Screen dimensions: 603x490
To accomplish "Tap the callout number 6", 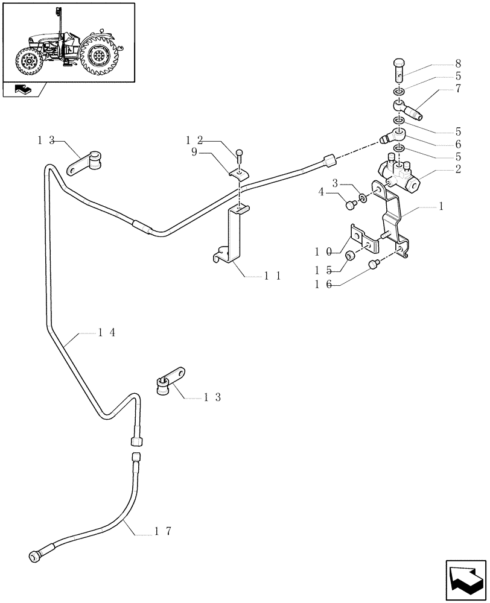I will [x=458, y=145].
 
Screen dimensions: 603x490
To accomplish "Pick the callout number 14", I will [x=105, y=332].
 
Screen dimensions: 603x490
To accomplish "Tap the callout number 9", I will [x=194, y=153].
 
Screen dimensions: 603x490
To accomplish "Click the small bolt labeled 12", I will [x=240, y=155].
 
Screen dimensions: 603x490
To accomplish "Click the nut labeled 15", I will [x=349, y=257].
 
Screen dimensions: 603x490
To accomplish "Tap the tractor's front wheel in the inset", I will [x=28, y=63].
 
